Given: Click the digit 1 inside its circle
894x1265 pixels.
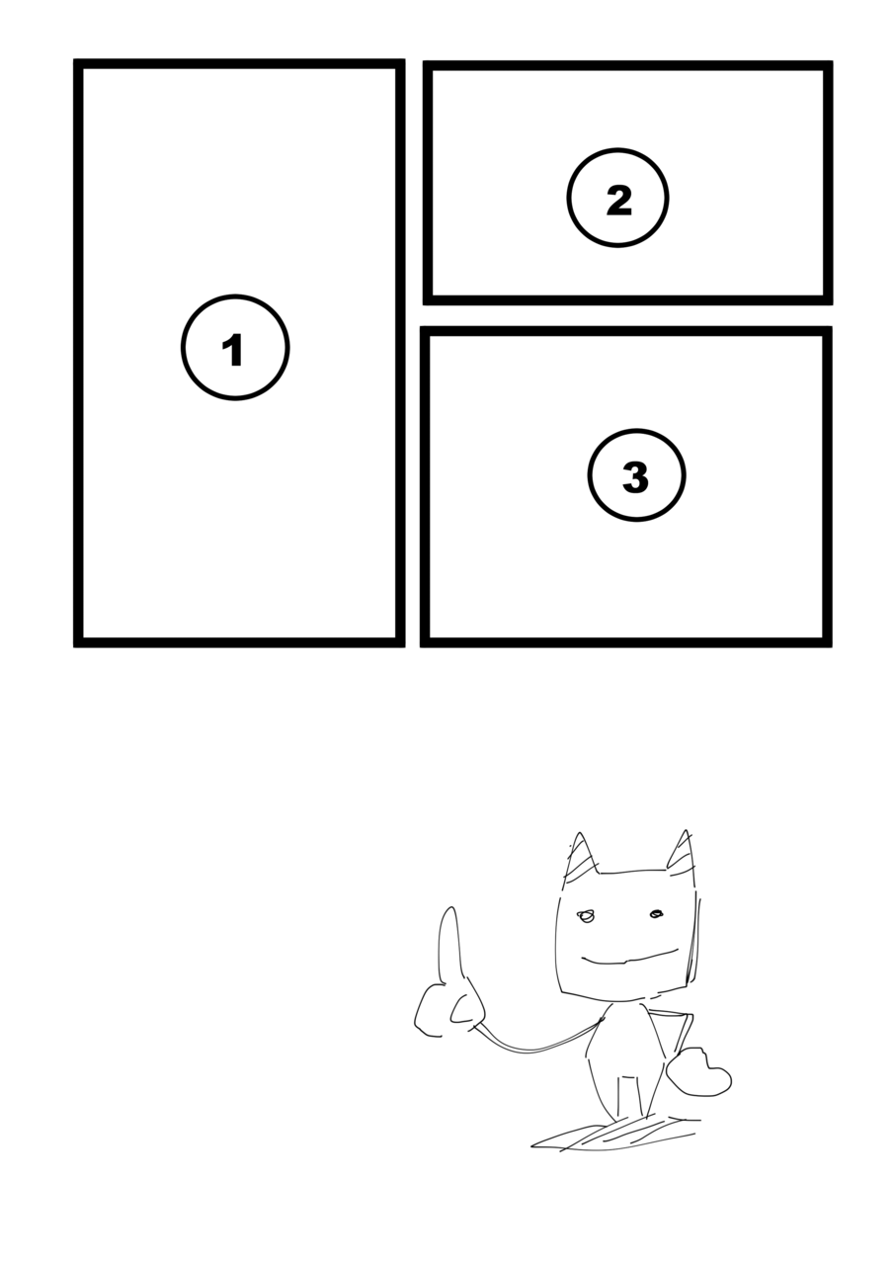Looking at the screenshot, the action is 233,350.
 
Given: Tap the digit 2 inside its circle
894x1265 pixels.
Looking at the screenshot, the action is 618,200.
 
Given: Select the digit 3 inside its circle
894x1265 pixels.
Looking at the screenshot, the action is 635,477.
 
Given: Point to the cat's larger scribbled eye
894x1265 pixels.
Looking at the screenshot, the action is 586,916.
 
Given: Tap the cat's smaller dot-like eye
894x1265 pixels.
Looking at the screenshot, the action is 656,914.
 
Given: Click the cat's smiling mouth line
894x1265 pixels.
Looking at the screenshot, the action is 630,958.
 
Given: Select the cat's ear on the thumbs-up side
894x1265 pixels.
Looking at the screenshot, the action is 581,857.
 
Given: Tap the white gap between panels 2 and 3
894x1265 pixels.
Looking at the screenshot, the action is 627,315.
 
